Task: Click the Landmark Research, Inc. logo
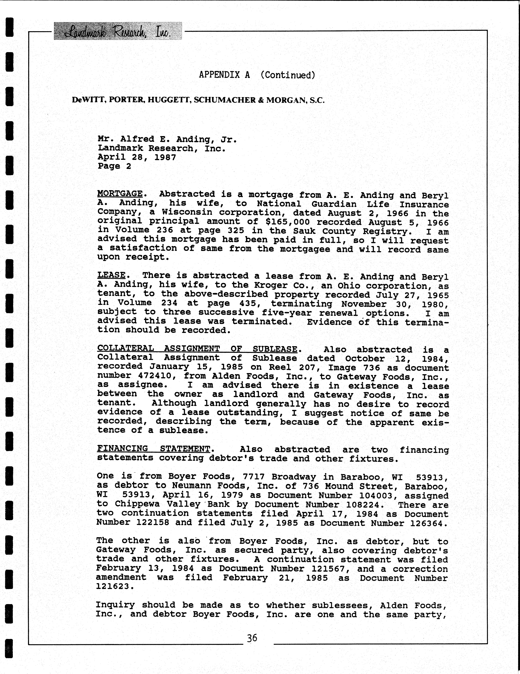click(118, 31)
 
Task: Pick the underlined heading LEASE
click(111, 275)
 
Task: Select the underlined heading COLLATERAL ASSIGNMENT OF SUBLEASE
click(197, 349)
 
